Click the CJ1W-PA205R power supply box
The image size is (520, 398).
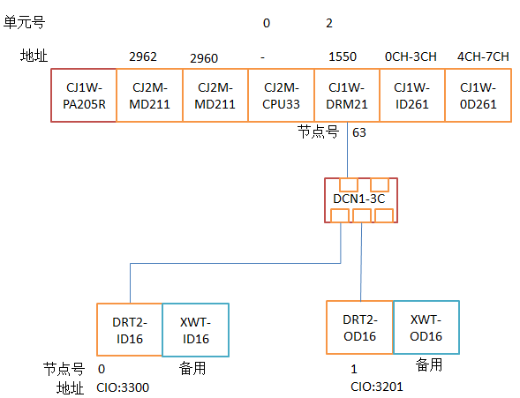tap(84, 95)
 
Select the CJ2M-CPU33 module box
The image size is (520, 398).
tap(282, 95)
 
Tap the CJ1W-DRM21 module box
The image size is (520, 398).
tap(347, 95)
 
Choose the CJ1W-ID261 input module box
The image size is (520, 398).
tap(412, 95)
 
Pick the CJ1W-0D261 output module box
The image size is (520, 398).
tap(479, 95)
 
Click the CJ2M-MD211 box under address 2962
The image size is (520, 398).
tap(149, 95)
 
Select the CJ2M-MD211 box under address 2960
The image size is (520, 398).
tap(215, 95)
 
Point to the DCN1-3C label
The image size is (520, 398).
tap(358, 199)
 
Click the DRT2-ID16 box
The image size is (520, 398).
tap(130, 330)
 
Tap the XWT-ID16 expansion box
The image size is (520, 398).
tap(195, 330)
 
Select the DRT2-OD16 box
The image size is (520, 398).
tap(360, 327)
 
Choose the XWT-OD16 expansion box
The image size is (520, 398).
tap(426, 327)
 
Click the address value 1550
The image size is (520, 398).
tap(343, 56)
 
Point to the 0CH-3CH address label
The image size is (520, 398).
tap(411, 56)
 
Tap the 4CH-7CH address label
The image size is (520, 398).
tap(483, 56)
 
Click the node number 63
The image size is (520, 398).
tap(359, 132)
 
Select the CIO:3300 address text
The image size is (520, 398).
tap(123, 387)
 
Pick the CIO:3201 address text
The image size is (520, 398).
tap(377, 387)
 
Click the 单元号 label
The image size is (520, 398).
tap(24, 23)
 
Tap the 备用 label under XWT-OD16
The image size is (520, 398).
tap(429, 364)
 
